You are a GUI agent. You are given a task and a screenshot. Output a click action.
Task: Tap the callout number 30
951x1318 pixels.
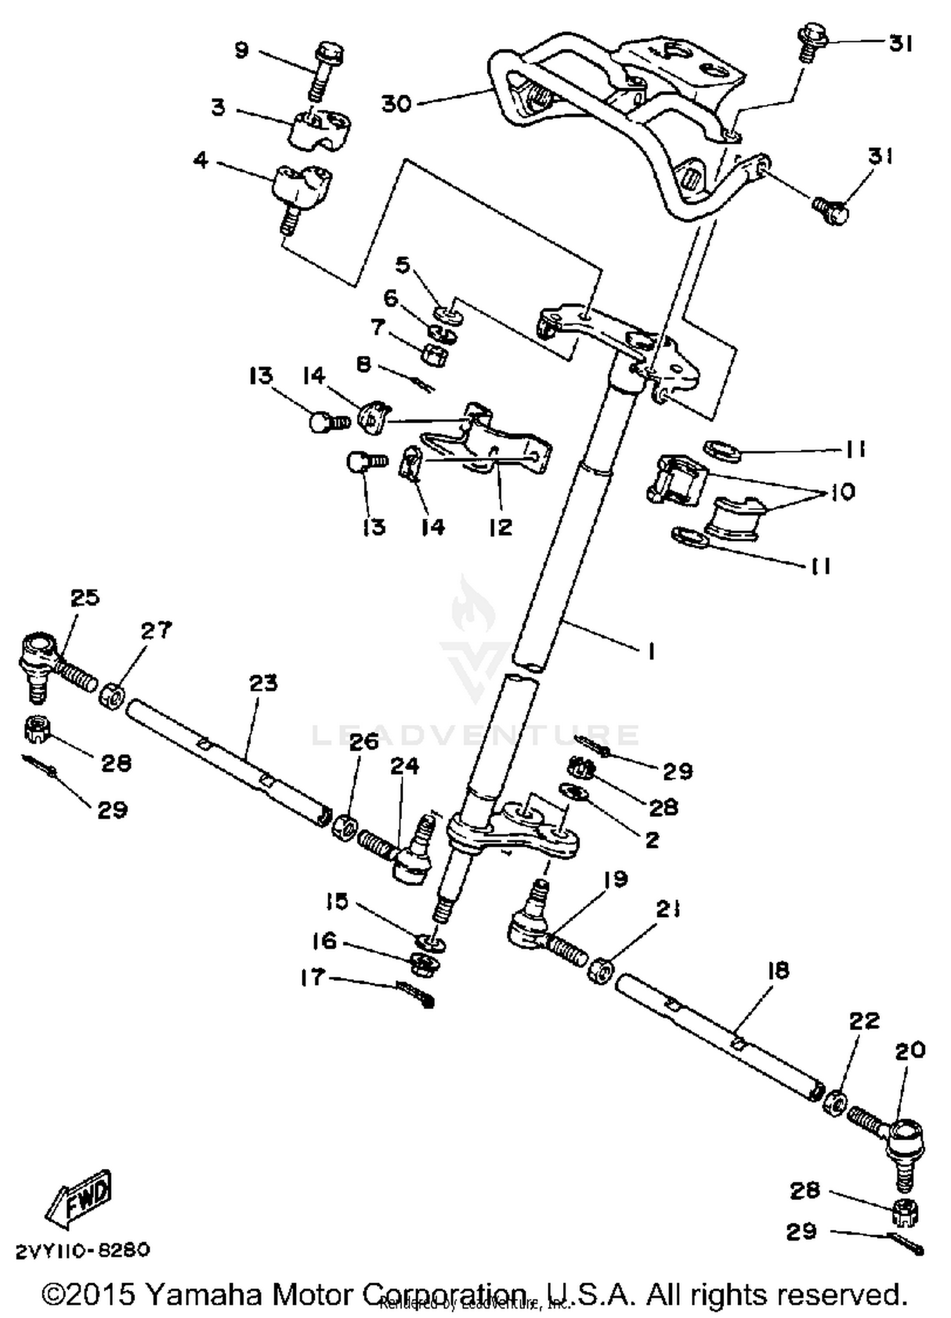(396, 103)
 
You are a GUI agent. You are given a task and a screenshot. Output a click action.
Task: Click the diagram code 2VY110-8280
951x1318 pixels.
(82, 1249)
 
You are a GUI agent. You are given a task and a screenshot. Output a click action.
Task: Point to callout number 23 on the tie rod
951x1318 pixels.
(263, 683)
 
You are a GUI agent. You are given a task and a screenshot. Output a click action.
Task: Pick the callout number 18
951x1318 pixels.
(777, 970)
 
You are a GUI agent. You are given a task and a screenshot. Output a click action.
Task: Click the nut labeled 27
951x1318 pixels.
(111, 696)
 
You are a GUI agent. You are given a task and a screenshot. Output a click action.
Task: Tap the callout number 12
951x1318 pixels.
(500, 526)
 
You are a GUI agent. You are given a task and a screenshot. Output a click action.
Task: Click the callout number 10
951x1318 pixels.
(842, 492)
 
